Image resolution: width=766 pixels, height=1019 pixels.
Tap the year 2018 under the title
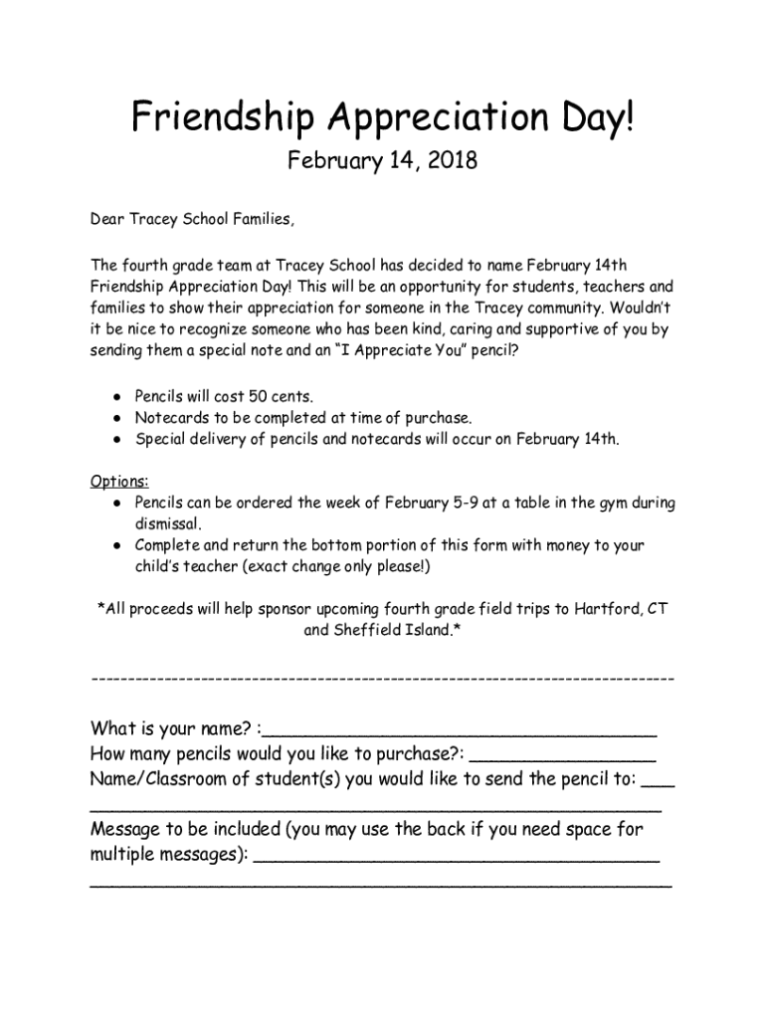coord(447,160)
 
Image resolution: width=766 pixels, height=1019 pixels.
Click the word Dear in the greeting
coord(107,220)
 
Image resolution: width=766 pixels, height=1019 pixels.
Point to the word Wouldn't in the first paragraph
coord(642,306)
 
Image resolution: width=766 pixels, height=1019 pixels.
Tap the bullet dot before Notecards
coord(117,418)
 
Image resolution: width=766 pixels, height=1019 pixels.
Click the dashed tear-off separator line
coord(382,679)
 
